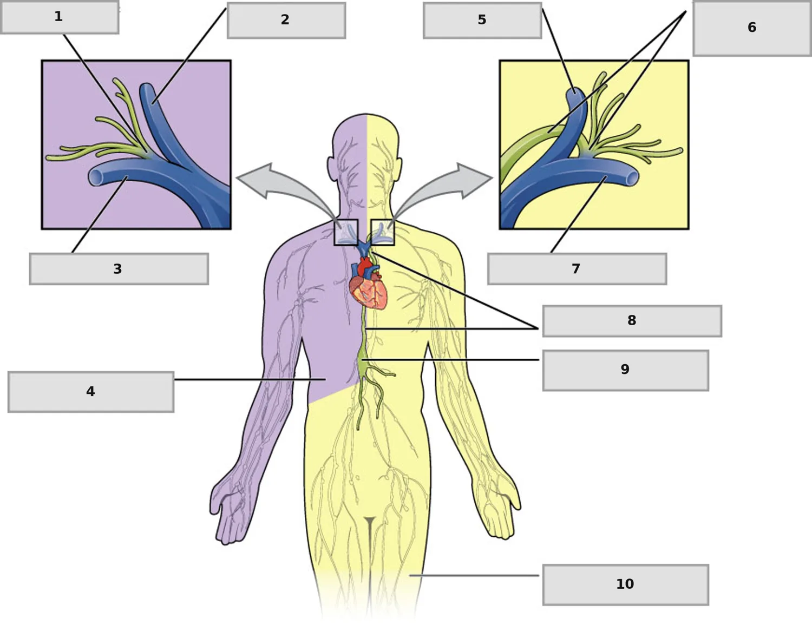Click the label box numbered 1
[x=60, y=17]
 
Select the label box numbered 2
[x=286, y=21]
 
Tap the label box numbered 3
[x=119, y=269]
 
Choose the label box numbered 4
[x=91, y=392]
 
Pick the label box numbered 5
[x=482, y=21]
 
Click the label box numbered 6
[x=752, y=28]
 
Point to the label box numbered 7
[x=577, y=269]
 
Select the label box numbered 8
[x=632, y=321]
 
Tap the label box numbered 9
[x=626, y=371]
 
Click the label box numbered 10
[x=626, y=585]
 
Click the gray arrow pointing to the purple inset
[x=288, y=190]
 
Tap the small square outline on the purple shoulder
[x=346, y=232]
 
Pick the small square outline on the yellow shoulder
[x=383, y=232]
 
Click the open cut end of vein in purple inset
[x=95, y=177]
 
